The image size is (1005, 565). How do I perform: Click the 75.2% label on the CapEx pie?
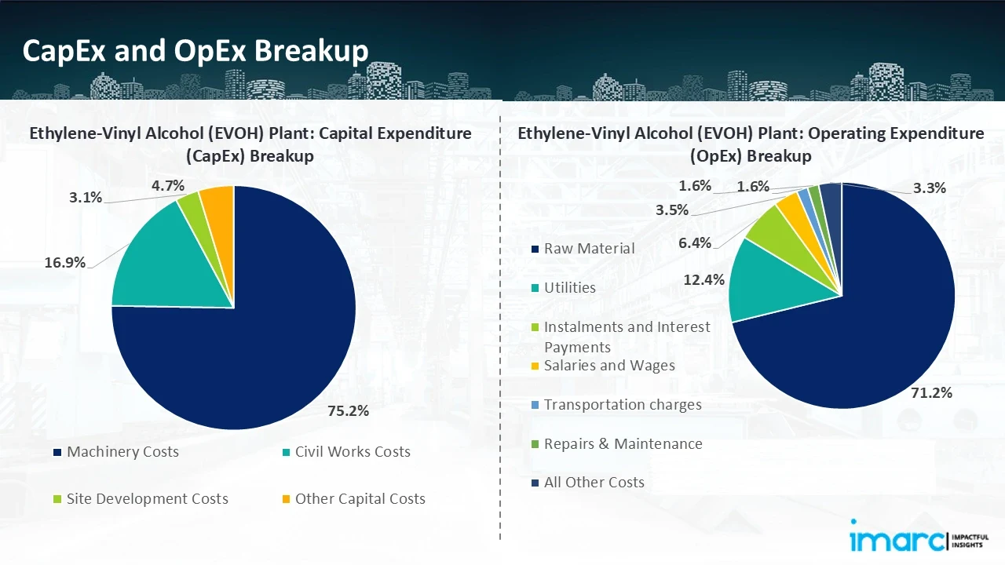click(347, 410)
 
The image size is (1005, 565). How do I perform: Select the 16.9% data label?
click(64, 263)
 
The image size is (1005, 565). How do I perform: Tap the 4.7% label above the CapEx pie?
click(168, 185)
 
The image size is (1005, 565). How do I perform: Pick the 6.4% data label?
click(695, 243)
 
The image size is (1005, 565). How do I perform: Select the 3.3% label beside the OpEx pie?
click(929, 188)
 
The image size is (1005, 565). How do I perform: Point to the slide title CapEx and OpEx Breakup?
click(196, 51)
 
